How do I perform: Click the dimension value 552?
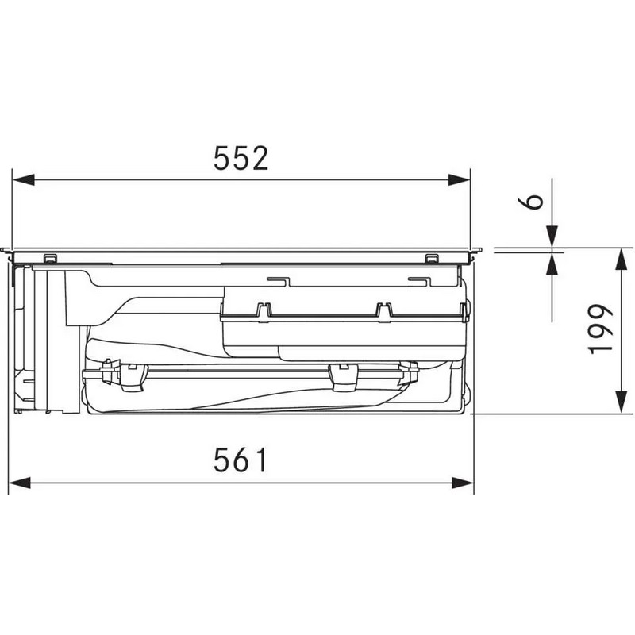(241, 158)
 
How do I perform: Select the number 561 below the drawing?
(241, 460)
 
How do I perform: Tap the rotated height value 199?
(601, 329)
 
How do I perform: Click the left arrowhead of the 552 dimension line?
(24, 180)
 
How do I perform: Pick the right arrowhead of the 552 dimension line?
(460, 180)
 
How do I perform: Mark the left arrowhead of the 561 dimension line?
(19, 483)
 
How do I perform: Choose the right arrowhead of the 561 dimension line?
(463, 483)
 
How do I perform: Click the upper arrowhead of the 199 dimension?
(621, 260)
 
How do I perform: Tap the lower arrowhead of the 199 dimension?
(621, 402)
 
